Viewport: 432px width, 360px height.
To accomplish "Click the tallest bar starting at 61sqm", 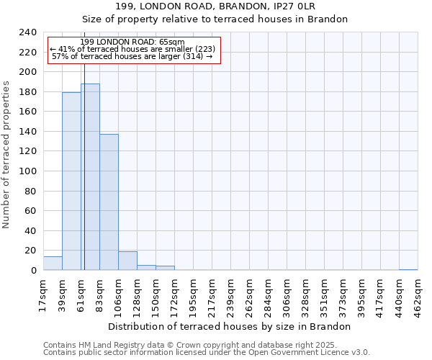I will point(90,177).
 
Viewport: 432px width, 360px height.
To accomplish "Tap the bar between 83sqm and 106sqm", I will point(109,202).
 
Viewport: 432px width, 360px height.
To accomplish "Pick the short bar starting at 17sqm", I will point(53,264).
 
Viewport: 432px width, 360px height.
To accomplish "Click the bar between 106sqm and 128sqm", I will point(127,261).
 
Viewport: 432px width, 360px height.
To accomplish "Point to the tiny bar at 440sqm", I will point(408,269).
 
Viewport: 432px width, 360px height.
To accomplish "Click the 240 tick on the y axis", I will point(28,32).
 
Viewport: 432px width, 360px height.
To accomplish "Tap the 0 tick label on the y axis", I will point(33,271).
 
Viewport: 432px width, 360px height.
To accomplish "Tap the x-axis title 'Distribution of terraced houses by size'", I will point(233,326).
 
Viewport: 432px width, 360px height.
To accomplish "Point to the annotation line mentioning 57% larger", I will point(132,56).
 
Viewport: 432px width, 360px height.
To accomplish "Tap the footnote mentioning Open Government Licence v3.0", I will point(207,353).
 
